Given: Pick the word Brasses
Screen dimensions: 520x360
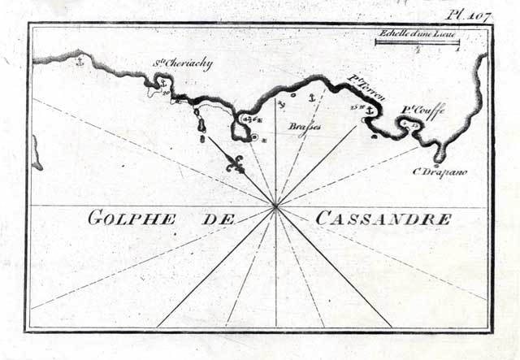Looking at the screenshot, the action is coord(305,128).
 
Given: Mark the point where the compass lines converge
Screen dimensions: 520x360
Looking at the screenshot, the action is coord(276,207).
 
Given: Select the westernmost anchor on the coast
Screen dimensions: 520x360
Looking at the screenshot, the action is coord(79,61).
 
